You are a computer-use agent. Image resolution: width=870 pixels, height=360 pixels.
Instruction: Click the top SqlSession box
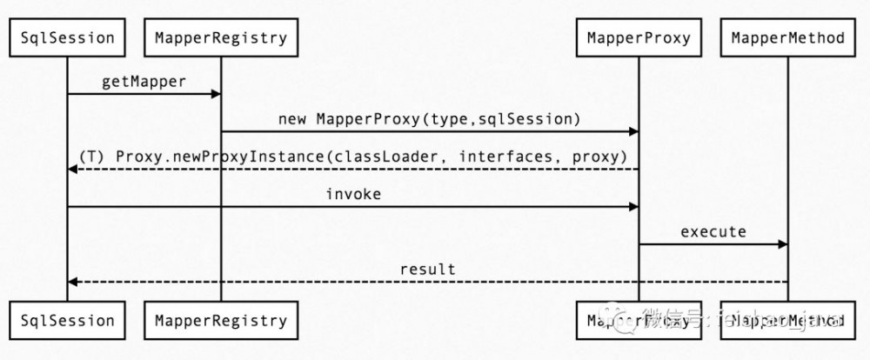coord(67,37)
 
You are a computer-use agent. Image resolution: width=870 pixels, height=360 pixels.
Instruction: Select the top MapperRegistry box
coord(220,37)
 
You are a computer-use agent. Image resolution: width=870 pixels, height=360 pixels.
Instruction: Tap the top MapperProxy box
coord(639,37)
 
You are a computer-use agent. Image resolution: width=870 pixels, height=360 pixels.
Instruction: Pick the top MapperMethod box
coord(787,37)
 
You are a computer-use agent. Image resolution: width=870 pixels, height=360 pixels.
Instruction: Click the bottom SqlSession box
coord(67,321)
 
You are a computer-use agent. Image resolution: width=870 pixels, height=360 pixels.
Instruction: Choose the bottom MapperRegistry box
coord(220,321)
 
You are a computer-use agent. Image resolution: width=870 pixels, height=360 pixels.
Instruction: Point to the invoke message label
coord(353,194)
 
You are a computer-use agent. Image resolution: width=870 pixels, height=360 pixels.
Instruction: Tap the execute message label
coord(713,231)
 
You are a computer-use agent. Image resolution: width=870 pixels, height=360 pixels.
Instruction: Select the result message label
coord(427,269)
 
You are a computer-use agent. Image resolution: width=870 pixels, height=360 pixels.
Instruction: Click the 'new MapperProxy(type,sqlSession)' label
coord(429,117)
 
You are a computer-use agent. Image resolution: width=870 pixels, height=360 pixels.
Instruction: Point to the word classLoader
coord(398,156)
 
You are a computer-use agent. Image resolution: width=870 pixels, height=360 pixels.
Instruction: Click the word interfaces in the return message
coord(499,156)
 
